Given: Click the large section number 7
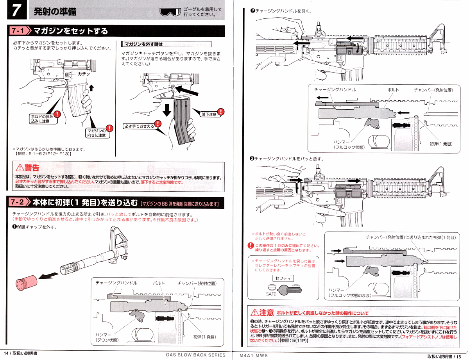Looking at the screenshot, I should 17,11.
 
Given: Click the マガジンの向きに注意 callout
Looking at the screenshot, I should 97,133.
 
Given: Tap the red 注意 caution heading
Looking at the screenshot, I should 263,312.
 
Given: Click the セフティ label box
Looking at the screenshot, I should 283,278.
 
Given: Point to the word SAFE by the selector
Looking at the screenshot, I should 271,294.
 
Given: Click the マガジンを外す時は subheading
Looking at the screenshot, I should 143,44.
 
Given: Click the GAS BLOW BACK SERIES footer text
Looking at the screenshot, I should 195,355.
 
